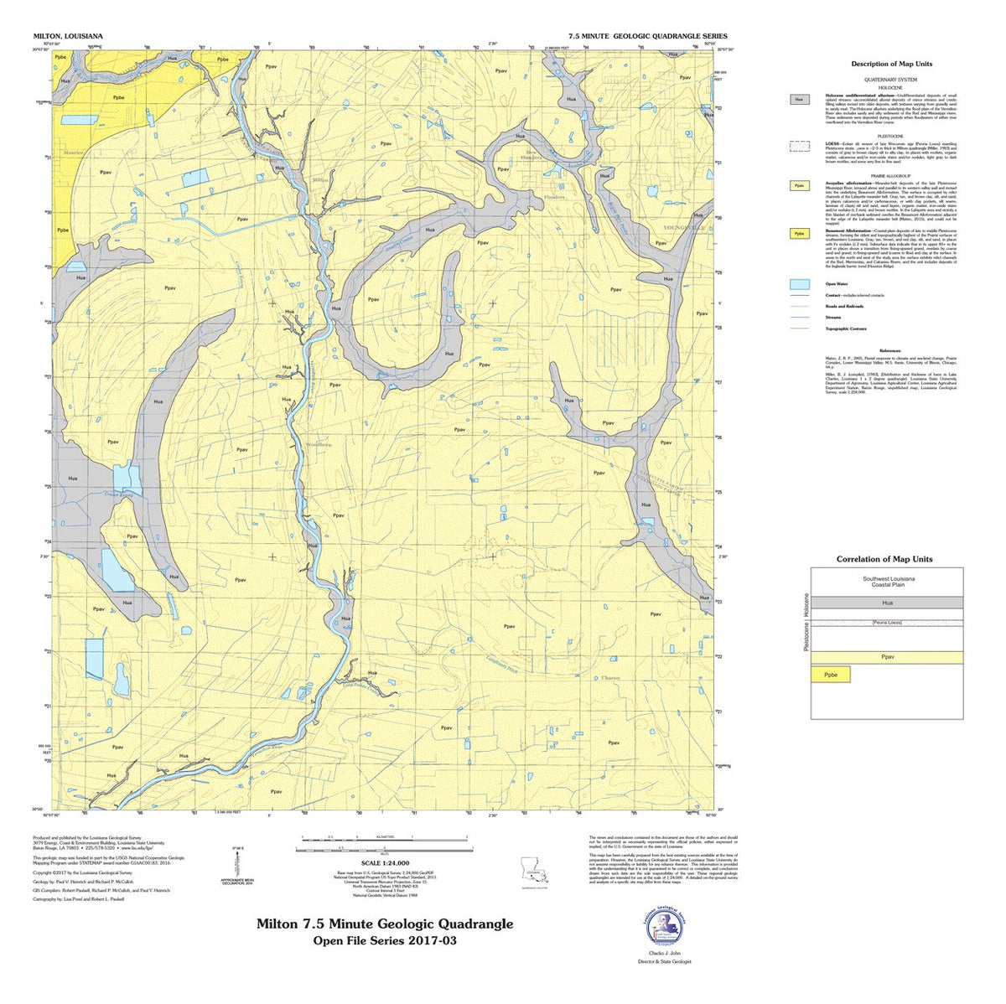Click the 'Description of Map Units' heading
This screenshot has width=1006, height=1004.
coord(891,64)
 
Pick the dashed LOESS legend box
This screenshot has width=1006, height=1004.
coord(800,146)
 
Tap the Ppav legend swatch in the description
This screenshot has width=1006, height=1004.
coord(800,186)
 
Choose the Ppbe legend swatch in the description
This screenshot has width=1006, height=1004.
coord(800,235)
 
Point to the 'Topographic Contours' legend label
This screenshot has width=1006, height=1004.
coord(844,329)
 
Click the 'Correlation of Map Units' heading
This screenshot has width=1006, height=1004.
coord(884,559)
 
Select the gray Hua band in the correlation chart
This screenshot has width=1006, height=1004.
coord(886,603)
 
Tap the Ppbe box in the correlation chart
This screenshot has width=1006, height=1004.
coord(831,674)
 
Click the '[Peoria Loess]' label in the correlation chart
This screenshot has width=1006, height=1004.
coord(886,623)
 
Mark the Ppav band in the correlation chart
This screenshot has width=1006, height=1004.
coord(886,657)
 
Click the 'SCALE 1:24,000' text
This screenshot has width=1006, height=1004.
coord(384,862)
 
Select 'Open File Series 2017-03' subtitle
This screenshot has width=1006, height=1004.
coord(385,940)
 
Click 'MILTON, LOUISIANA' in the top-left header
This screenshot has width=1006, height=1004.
coord(68,37)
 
